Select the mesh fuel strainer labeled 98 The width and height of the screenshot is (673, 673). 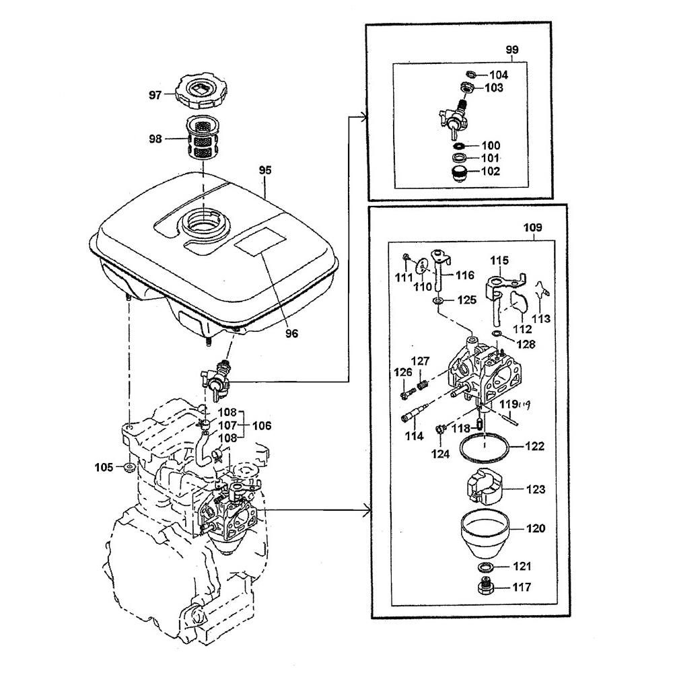click(x=201, y=139)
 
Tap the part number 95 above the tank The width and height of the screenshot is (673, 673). click(x=265, y=171)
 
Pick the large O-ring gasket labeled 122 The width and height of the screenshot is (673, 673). click(x=483, y=446)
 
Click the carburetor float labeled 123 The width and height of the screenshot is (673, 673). click(x=483, y=489)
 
